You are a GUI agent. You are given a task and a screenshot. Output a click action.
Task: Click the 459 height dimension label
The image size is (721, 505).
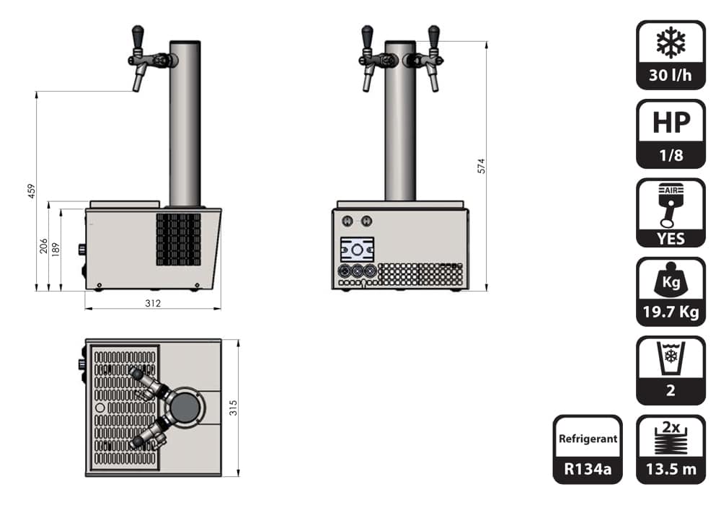(31, 191)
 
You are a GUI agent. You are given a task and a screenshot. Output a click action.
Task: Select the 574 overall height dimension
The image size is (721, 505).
(482, 166)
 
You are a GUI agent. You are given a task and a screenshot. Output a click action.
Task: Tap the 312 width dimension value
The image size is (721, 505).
(153, 303)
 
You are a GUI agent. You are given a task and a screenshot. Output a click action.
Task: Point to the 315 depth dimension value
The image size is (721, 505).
(234, 408)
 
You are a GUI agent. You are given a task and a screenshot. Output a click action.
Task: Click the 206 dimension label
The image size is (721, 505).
(44, 245)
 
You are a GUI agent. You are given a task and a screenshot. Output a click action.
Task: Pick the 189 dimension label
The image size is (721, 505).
(56, 250)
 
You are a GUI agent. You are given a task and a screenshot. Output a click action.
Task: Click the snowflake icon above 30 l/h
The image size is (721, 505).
(671, 43)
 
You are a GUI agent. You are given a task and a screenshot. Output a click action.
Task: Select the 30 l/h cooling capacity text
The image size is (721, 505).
(671, 75)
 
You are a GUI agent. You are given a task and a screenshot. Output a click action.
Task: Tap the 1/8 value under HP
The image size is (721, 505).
(671, 155)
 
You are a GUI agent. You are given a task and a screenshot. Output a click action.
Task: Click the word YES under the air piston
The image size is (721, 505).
(671, 239)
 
